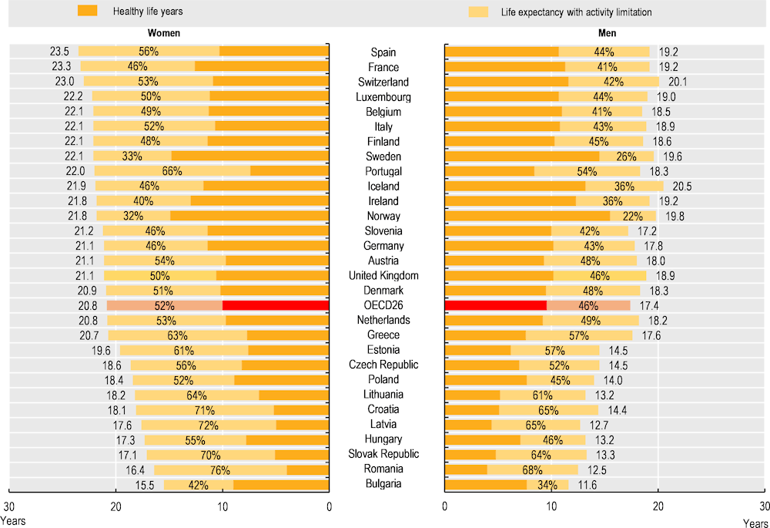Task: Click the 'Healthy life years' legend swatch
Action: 87,12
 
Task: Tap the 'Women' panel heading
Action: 164,34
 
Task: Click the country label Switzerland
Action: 383,82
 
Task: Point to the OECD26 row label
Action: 383,305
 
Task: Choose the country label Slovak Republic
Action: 383,454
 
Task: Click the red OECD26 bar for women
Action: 276,305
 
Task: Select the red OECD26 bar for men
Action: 496,305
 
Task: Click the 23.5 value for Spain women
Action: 60,52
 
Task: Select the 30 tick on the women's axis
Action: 9,506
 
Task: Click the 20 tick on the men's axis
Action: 658,506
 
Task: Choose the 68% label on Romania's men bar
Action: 551,469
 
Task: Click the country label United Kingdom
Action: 383,276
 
